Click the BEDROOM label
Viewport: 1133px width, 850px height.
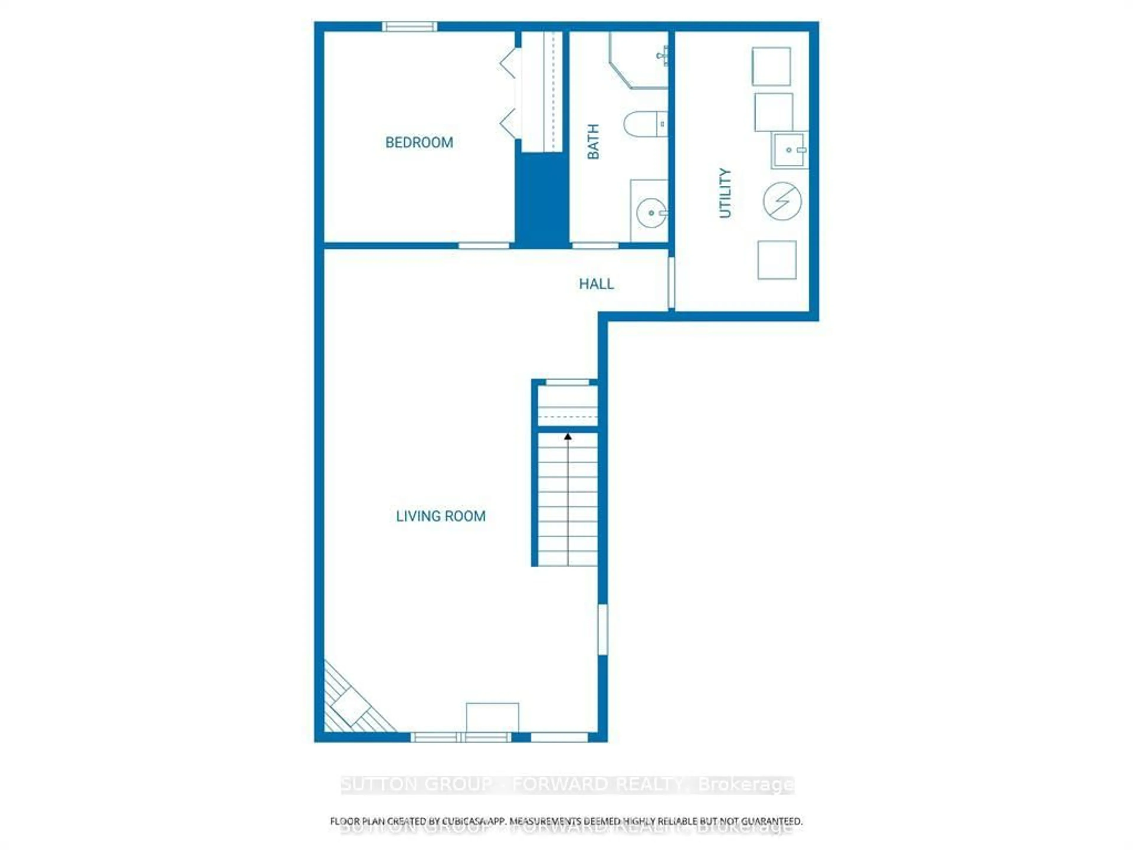pos(419,143)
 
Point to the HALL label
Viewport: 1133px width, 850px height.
pos(596,284)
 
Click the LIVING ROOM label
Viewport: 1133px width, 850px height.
pos(441,516)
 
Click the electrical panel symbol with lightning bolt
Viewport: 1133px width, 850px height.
pos(782,201)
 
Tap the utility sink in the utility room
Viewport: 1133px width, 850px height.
pos(789,150)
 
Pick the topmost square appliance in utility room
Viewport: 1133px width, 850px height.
pos(771,67)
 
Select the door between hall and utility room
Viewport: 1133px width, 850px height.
pos(672,283)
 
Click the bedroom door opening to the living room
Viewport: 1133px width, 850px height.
pos(484,246)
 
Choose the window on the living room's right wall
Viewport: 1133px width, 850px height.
pos(603,630)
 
